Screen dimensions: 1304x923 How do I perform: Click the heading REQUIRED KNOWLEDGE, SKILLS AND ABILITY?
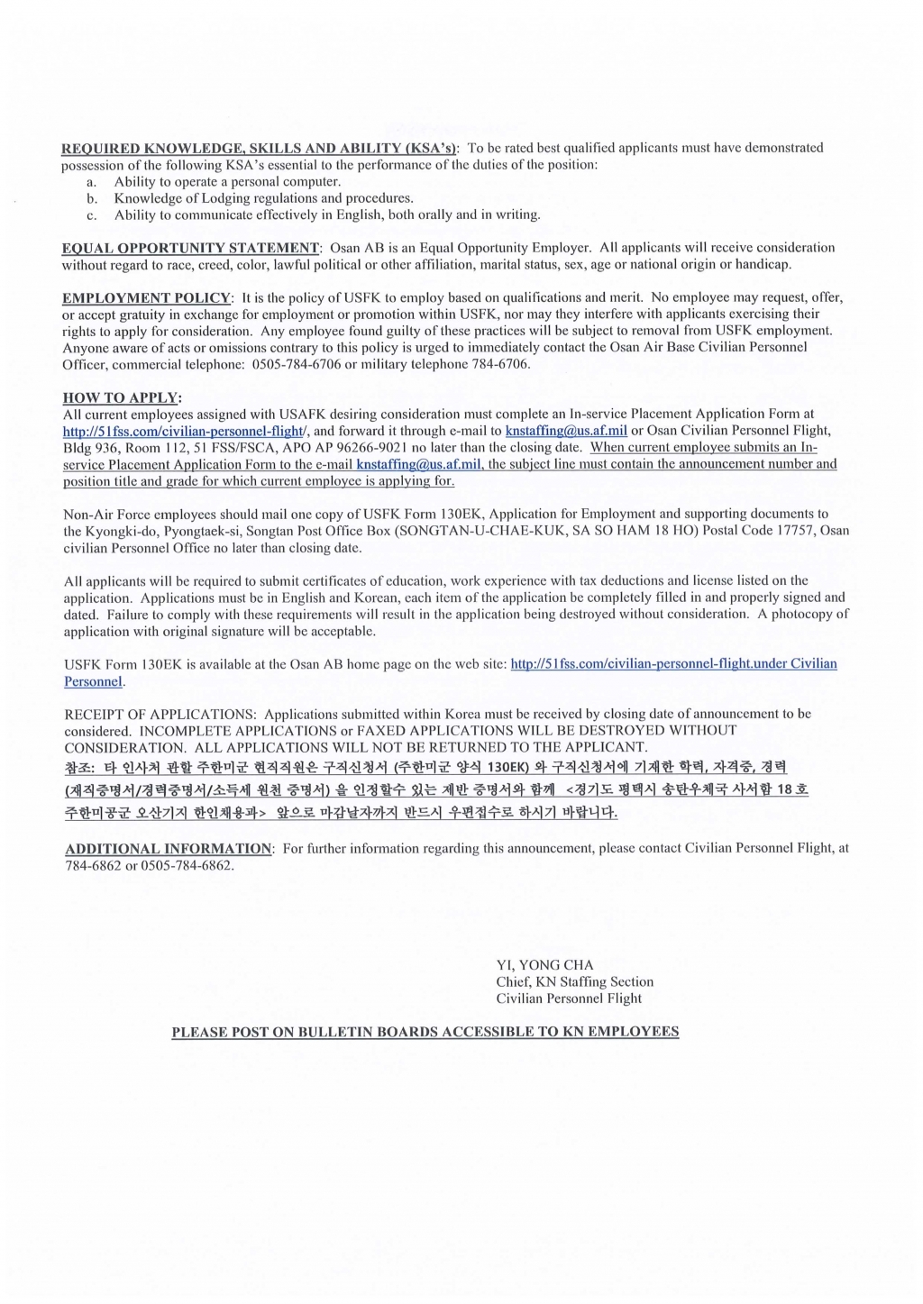(x=260, y=148)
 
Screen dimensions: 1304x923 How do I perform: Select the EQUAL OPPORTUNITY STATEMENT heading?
(x=190, y=248)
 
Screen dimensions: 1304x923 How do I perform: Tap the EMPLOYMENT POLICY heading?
(x=147, y=297)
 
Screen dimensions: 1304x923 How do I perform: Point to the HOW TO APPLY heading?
(x=122, y=397)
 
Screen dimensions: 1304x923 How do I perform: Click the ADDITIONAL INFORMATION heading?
(x=169, y=849)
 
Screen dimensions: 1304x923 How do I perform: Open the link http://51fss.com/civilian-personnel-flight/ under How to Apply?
(x=186, y=431)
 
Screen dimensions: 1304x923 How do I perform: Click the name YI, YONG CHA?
(x=544, y=965)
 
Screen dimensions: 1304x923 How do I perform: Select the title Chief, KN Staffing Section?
(x=574, y=981)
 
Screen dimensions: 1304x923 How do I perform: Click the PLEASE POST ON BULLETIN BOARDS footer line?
(x=425, y=1032)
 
